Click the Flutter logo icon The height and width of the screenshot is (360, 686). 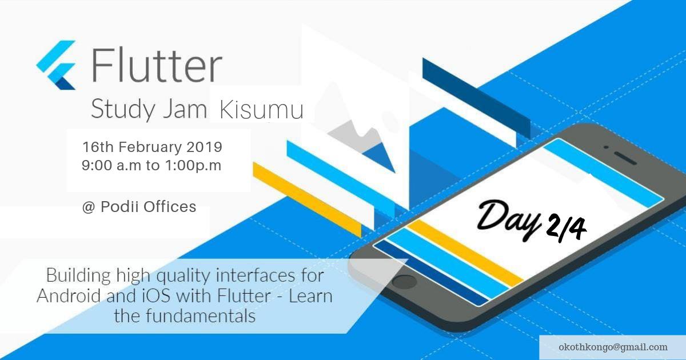click(x=57, y=65)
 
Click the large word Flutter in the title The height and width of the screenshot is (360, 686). click(x=156, y=65)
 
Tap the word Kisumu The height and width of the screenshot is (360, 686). click(x=261, y=110)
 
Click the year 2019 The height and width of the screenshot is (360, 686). click(x=204, y=147)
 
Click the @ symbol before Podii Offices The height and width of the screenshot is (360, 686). click(x=88, y=207)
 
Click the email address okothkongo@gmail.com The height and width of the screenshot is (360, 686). click(x=613, y=347)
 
